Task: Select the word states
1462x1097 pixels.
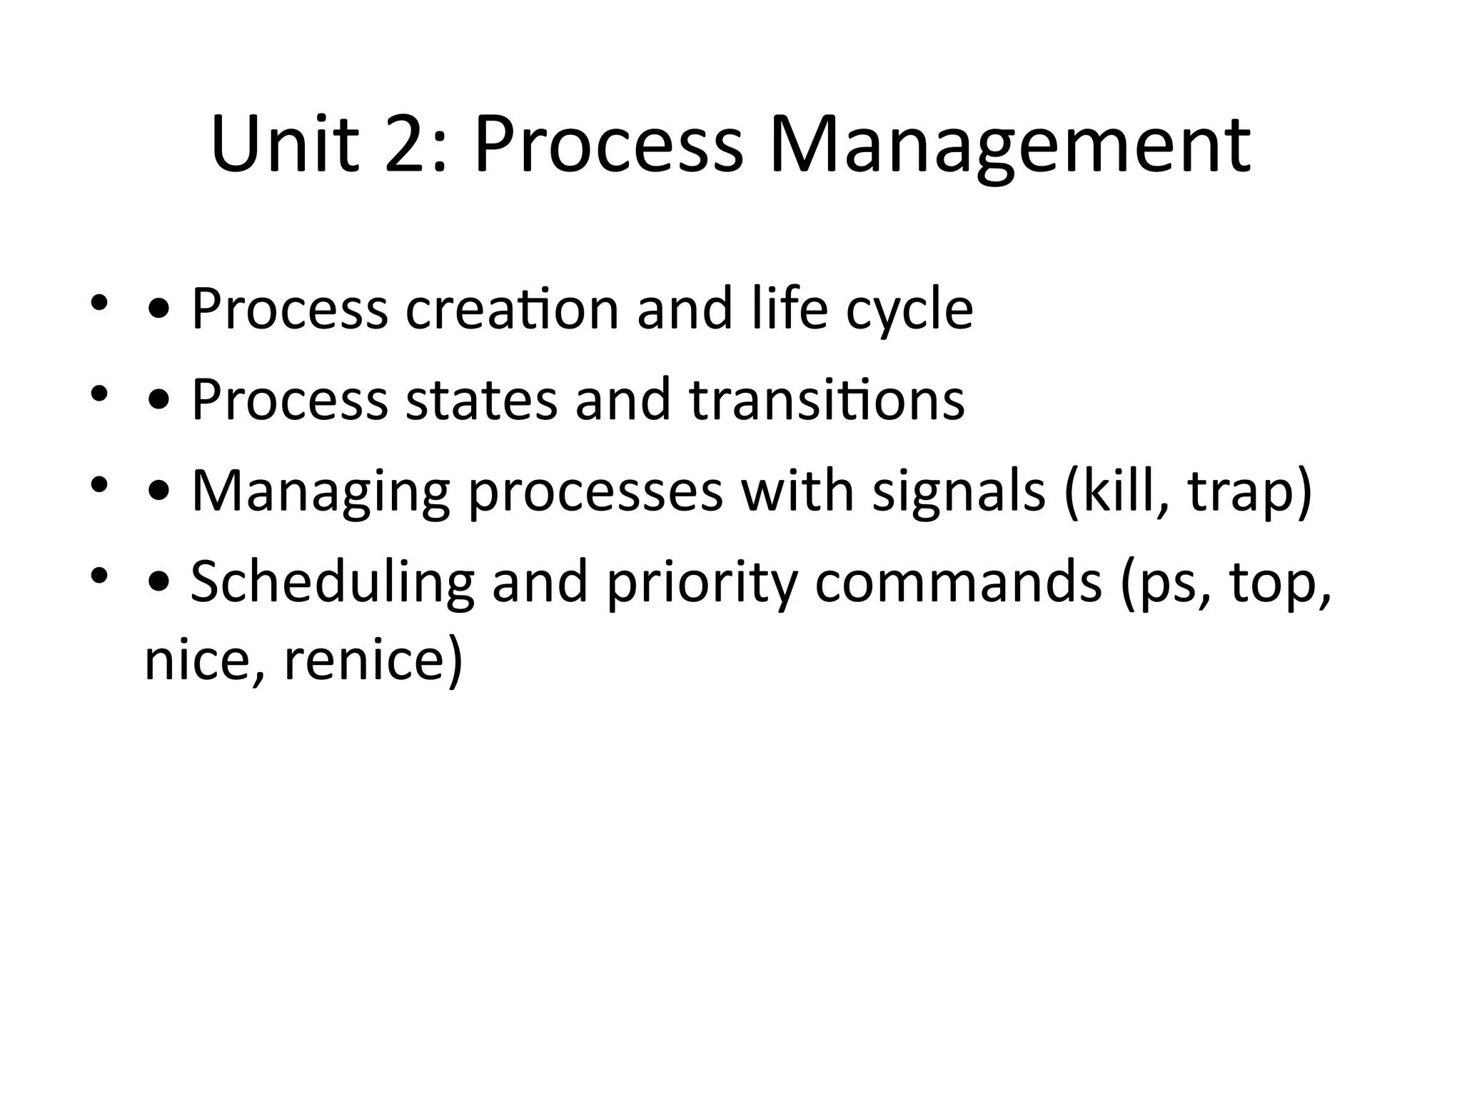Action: (x=480, y=400)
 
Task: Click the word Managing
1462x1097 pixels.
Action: (x=321, y=493)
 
